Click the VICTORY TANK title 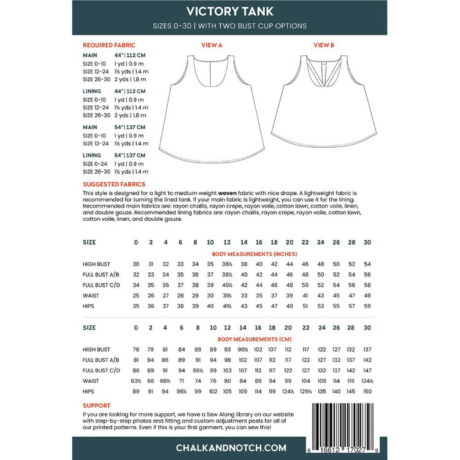click(x=229, y=11)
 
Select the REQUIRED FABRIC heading click(x=109, y=45)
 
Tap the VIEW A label click(x=212, y=45)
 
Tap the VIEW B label click(x=323, y=45)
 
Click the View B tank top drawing click(x=323, y=104)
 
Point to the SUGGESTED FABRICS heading click(x=114, y=183)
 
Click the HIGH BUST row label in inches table click(x=96, y=264)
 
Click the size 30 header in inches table click(x=367, y=242)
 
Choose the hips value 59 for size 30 click(x=367, y=305)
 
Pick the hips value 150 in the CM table click(x=367, y=391)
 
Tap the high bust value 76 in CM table click(x=136, y=349)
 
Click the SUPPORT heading click(x=97, y=405)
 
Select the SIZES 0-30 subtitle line click(x=229, y=26)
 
